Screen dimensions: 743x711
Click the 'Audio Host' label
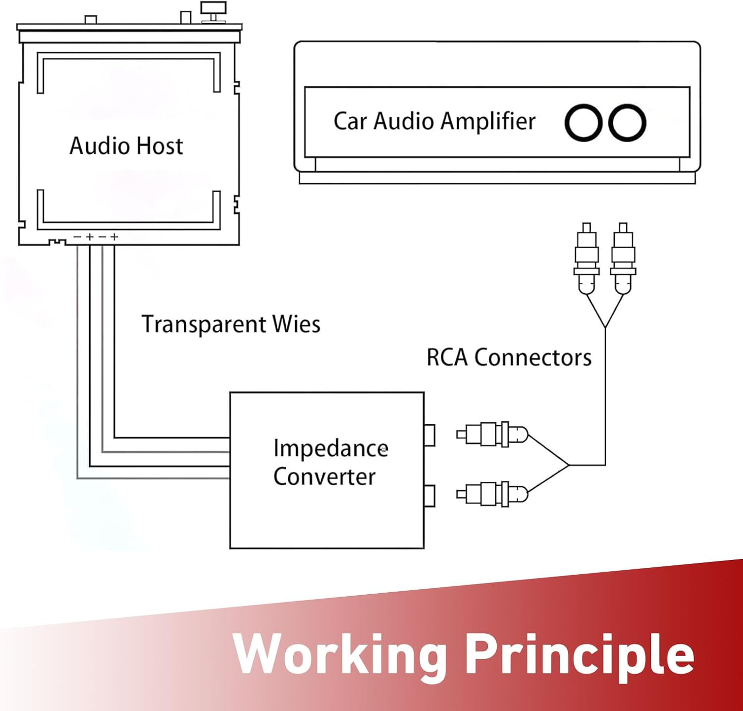coord(126,146)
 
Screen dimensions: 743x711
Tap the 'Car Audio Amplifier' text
coord(434,121)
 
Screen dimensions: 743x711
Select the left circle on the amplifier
coord(584,123)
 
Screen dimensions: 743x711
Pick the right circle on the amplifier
coord(627,123)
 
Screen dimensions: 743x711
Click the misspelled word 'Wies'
coord(296,324)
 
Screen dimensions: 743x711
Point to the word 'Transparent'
coord(204,325)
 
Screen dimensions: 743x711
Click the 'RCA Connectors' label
coord(509,357)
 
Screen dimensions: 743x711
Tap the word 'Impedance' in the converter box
coord(330,449)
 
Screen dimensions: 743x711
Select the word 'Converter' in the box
coord(324,477)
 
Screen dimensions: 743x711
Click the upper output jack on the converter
coord(429,435)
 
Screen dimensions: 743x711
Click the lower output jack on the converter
coord(429,496)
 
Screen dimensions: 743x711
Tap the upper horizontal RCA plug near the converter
coord(492,435)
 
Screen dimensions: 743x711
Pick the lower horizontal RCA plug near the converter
coord(492,494)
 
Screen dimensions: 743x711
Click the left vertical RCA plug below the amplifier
coord(586,258)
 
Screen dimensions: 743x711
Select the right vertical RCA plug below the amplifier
coord(623,258)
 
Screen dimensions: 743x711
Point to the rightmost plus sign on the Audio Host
coord(114,237)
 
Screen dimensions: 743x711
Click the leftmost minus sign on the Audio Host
coord(77,237)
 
